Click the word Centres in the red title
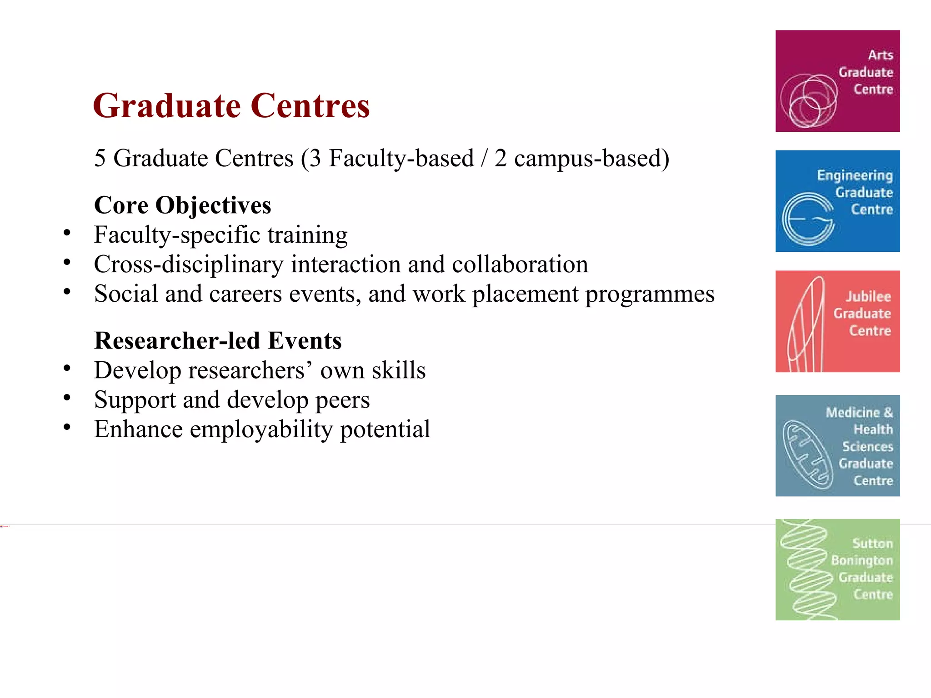[310, 106]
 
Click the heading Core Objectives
[182, 205]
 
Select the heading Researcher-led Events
[218, 341]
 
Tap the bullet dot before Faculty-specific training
[67, 233]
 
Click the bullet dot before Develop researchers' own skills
[67, 369]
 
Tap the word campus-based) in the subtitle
[591, 159]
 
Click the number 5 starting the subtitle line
[100, 159]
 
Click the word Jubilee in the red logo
[868, 297]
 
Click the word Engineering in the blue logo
[855, 175]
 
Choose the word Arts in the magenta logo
[880, 55]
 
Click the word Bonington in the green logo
[861, 561]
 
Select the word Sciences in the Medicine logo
[867, 447]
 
